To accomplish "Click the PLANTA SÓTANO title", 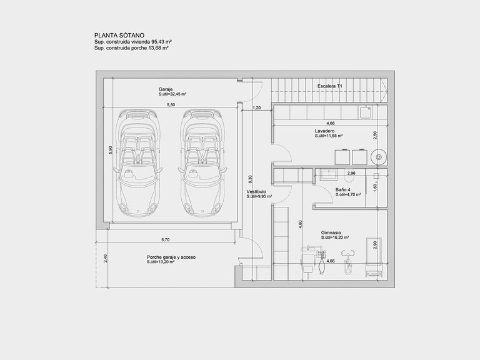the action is (x=119, y=36).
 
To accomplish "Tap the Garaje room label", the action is (x=166, y=89).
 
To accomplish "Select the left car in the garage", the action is (x=137, y=162).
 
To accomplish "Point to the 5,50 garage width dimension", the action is (x=171, y=105).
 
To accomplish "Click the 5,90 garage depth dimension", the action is (x=111, y=150).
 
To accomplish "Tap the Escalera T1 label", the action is (x=330, y=86).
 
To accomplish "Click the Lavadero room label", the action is (x=324, y=131).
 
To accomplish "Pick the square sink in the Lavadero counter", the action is (x=366, y=112).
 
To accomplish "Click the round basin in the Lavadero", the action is (x=379, y=157).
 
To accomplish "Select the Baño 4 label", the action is (x=342, y=190).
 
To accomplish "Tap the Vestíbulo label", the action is (x=256, y=192).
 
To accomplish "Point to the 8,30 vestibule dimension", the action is (x=251, y=179).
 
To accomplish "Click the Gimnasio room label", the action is (x=331, y=232).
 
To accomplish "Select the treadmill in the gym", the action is (x=374, y=257).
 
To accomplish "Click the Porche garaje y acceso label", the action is (x=171, y=257).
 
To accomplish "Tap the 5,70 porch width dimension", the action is (x=165, y=240).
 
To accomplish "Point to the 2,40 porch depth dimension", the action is (x=106, y=259).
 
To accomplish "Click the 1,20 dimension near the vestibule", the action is (x=256, y=107).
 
